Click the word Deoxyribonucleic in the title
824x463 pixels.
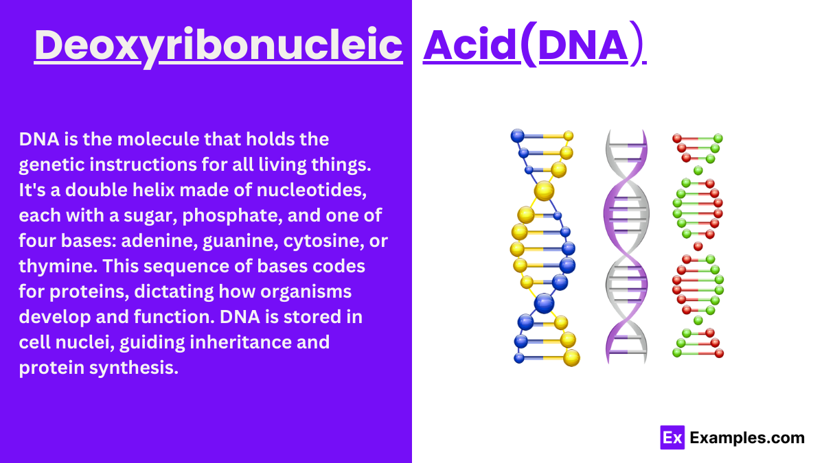(218, 45)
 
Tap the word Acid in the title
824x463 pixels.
(470, 45)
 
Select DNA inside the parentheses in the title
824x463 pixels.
(583, 45)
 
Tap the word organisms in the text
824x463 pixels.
(311, 291)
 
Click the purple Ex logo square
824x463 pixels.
(672, 438)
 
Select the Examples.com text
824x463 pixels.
(746, 438)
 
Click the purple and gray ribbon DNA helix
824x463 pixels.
(626, 247)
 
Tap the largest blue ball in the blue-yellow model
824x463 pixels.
(544, 302)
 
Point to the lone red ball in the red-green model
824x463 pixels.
(698, 246)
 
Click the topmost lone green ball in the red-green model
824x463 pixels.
(698, 170)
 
